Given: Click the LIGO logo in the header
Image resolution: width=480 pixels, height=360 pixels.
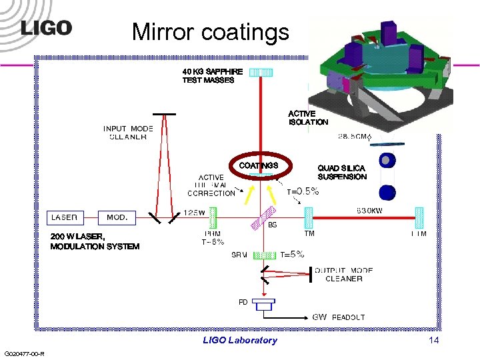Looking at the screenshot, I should [46, 28].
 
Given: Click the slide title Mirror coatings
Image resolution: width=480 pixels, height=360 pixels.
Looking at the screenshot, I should [210, 31].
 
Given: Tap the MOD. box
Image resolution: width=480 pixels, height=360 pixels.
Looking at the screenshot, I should [117, 217].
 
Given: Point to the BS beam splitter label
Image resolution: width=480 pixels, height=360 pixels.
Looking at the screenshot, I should [272, 225].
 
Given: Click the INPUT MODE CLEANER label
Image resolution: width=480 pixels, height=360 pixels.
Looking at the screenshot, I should [128, 133].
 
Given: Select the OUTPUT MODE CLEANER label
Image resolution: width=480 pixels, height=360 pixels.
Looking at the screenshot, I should [343, 275].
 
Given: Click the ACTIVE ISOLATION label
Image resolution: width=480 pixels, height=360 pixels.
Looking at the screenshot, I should [308, 118].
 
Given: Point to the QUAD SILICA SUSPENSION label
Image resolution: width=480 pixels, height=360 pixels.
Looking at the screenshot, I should [342, 173].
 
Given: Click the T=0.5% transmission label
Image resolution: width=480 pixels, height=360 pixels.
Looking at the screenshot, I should [303, 191].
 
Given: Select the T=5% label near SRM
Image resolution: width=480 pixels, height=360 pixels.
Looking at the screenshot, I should [292, 254].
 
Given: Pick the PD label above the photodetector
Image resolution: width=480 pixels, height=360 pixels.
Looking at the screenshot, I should [243, 302].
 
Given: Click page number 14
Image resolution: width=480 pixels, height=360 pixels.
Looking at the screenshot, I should [434, 341].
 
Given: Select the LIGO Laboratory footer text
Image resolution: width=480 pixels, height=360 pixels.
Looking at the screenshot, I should [240, 341].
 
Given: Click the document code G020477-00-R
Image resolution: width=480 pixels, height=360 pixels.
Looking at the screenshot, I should [24, 353].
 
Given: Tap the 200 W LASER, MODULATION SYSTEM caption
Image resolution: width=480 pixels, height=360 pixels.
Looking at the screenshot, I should [95, 241].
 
